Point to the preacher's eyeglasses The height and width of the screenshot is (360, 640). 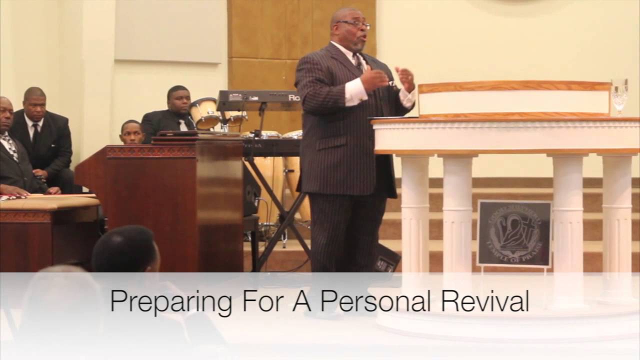(x=353, y=23)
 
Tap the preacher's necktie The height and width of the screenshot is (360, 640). (x=359, y=63)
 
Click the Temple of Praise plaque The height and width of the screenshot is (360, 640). (x=514, y=233)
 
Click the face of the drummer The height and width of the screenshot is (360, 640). (x=178, y=100)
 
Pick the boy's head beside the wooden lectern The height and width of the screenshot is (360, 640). (x=131, y=132)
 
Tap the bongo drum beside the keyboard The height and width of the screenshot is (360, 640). (x=205, y=113)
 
